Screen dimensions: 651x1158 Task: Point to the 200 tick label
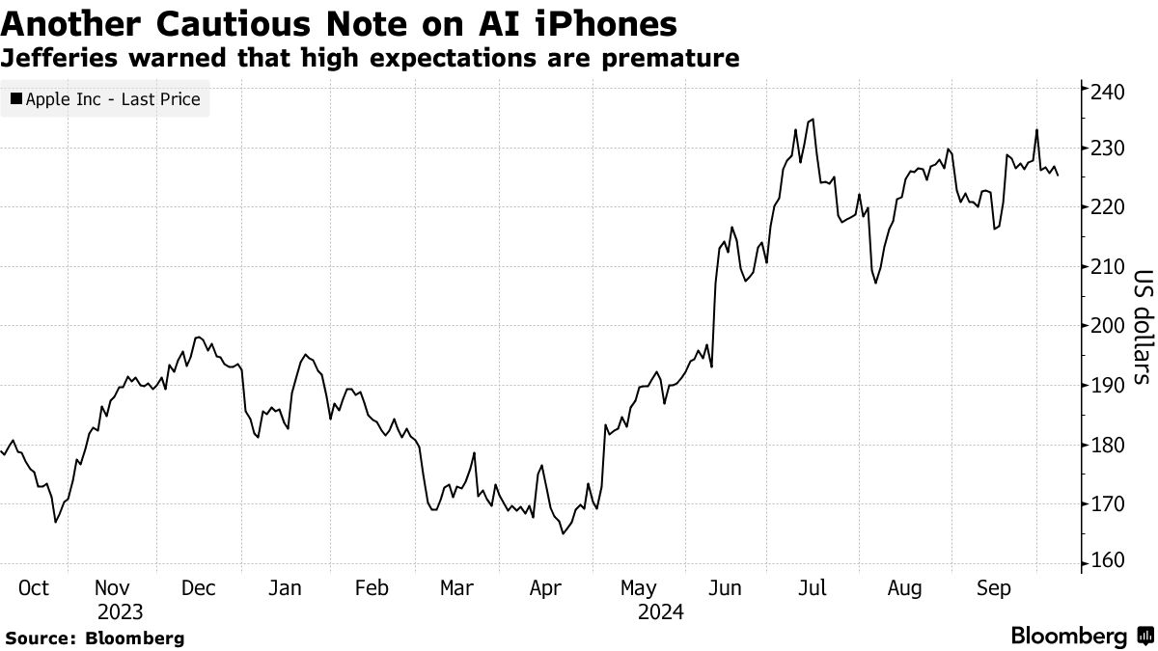click(1105, 326)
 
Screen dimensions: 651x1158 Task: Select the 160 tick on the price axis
click(1105, 561)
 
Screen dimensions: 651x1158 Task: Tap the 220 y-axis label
click(1105, 208)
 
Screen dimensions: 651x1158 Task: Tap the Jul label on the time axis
click(813, 588)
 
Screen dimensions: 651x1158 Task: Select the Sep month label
click(993, 588)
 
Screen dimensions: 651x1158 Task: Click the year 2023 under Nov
click(120, 612)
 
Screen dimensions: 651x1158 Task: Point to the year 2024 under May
click(660, 612)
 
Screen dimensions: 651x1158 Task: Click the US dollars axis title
click(1141, 327)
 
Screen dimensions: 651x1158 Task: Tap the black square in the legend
click(15, 99)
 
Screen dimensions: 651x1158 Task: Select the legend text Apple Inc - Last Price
click(113, 99)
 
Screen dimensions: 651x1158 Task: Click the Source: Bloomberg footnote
click(94, 637)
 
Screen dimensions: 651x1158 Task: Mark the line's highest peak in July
click(813, 120)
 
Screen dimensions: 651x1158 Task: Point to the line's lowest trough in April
click(563, 533)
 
